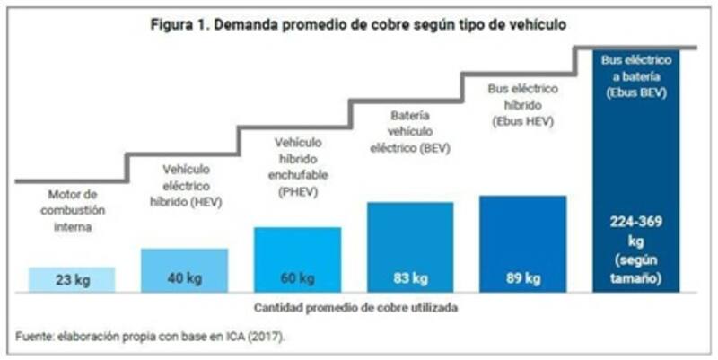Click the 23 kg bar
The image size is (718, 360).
[72, 279]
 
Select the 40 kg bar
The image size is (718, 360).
[184, 270]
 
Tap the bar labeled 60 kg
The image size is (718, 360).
[297, 259]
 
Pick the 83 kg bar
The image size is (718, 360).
[410, 247]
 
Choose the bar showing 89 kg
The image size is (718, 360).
[522, 244]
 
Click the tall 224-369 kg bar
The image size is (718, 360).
[635, 171]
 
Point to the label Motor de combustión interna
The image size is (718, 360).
[72, 210]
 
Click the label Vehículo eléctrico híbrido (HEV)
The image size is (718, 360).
[185, 185]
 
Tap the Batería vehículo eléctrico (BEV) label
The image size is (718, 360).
[410, 131]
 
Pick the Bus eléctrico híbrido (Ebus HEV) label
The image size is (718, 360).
[522, 104]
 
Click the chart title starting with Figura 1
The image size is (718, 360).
[358, 24]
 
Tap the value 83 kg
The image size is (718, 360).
[410, 278]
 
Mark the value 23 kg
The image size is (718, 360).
[72, 279]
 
